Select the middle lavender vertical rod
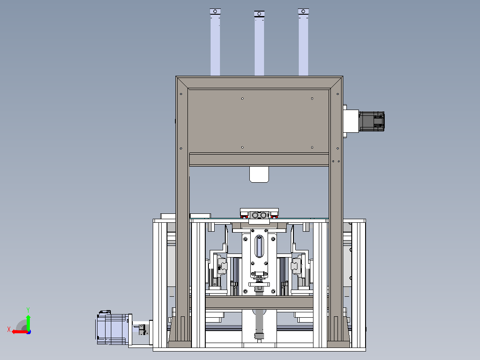coord(259,43)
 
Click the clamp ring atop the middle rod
coord(259,14)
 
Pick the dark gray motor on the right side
coord(372,121)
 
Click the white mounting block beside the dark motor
coord(351,121)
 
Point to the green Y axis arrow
coord(28,322)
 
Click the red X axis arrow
coord(20,331)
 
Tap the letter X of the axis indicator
coord(9,330)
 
